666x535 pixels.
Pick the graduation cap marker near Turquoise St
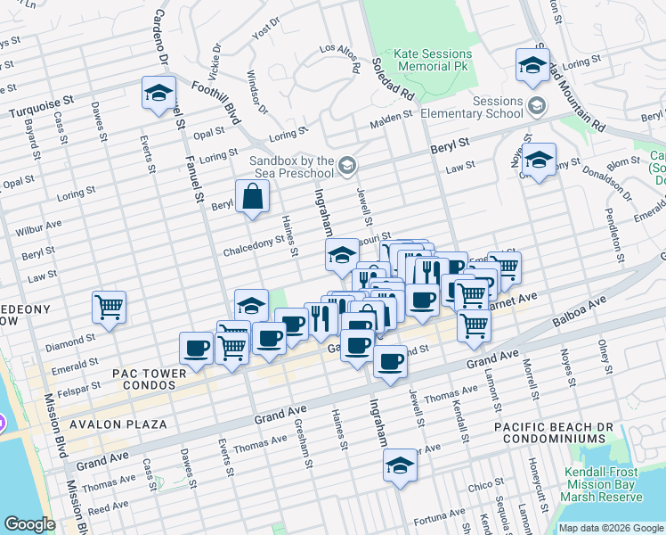click(158, 93)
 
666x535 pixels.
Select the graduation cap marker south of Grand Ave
click(400, 465)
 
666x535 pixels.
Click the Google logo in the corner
click(29, 524)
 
